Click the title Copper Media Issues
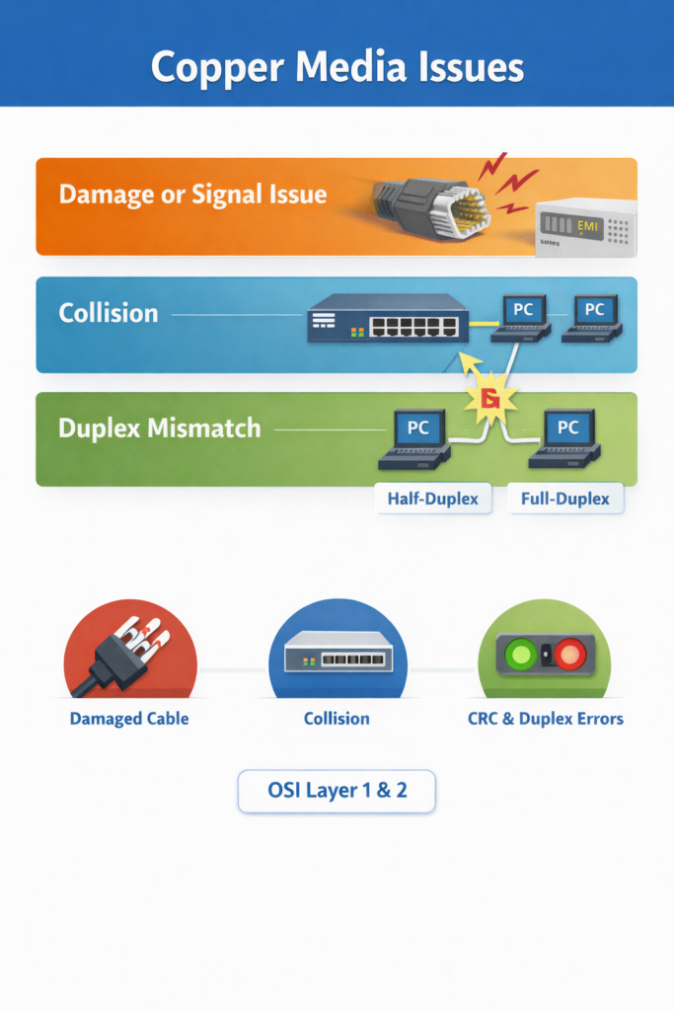coord(337,66)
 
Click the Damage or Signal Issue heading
coord(192,194)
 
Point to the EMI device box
coord(584,227)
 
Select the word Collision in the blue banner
coord(108,313)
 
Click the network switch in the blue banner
coord(387,318)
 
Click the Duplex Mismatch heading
coord(159,428)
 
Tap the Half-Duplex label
coord(432,499)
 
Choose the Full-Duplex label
coord(564,499)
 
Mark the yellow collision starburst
coord(489,398)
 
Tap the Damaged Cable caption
coord(128,718)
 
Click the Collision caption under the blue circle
coord(337,718)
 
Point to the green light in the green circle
coord(520,654)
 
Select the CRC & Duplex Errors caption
coord(545,718)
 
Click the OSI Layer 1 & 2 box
coord(337,791)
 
